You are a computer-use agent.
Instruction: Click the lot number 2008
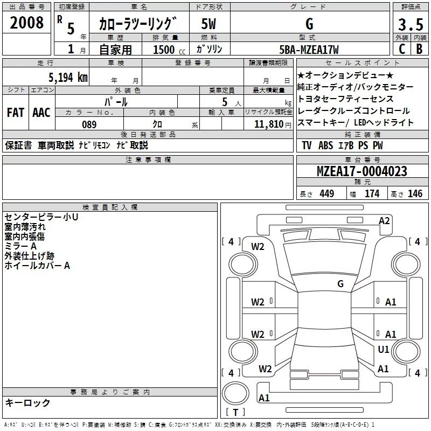pyautogui.click(x=26, y=24)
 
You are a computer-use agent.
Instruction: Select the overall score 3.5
pyautogui.click(x=409, y=24)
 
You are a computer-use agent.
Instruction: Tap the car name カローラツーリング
pyautogui.click(x=137, y=24)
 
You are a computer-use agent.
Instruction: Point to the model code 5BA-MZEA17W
pyautogui.click(x=309, y=50)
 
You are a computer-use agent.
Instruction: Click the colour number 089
pyautogui.click(x=89, y=124)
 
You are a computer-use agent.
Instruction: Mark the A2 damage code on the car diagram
pyautogui.click(x=384, y=220)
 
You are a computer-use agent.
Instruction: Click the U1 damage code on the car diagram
pyautogui.click(x=384, y=350)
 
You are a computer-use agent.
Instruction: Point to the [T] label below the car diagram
pyautogui.click(x=235, y=413)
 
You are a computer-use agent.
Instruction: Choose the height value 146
pyautogui.click(x=415, y=194)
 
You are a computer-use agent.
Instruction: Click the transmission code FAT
pyautogui.click(x=15, y=113)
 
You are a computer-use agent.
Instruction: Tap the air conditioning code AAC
pyautogui.click(x=41, y=113)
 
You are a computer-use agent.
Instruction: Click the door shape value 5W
pyautogui.click(x=209, y=24)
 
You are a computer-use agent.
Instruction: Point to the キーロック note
pyautogui.click(x=27, y=403)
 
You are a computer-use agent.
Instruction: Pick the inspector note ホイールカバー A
pyautogui.click(x=37, y=266)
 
